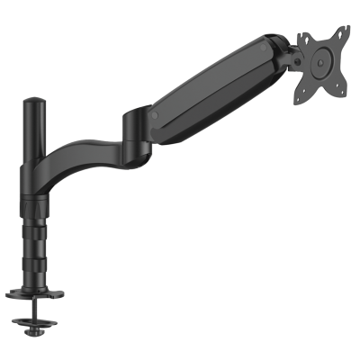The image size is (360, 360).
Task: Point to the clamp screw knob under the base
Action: click(x=40, y=334)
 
